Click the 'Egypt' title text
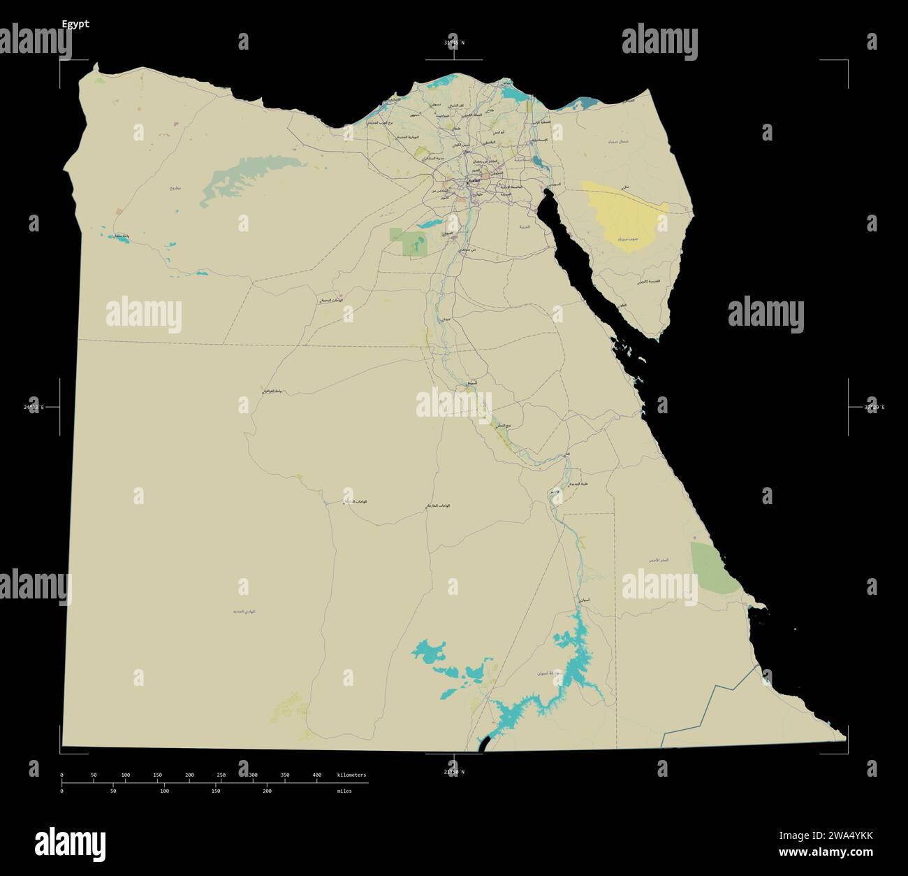75,24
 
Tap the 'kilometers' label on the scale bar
351,775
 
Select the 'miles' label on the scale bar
344,791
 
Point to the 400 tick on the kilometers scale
317,775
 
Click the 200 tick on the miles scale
267,791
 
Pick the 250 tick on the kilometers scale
221,775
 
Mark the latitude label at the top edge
454,43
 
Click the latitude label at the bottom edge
454,772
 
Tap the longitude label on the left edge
34,407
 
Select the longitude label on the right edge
874,407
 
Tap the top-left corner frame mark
60,62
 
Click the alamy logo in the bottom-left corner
70,844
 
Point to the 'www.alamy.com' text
826,852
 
